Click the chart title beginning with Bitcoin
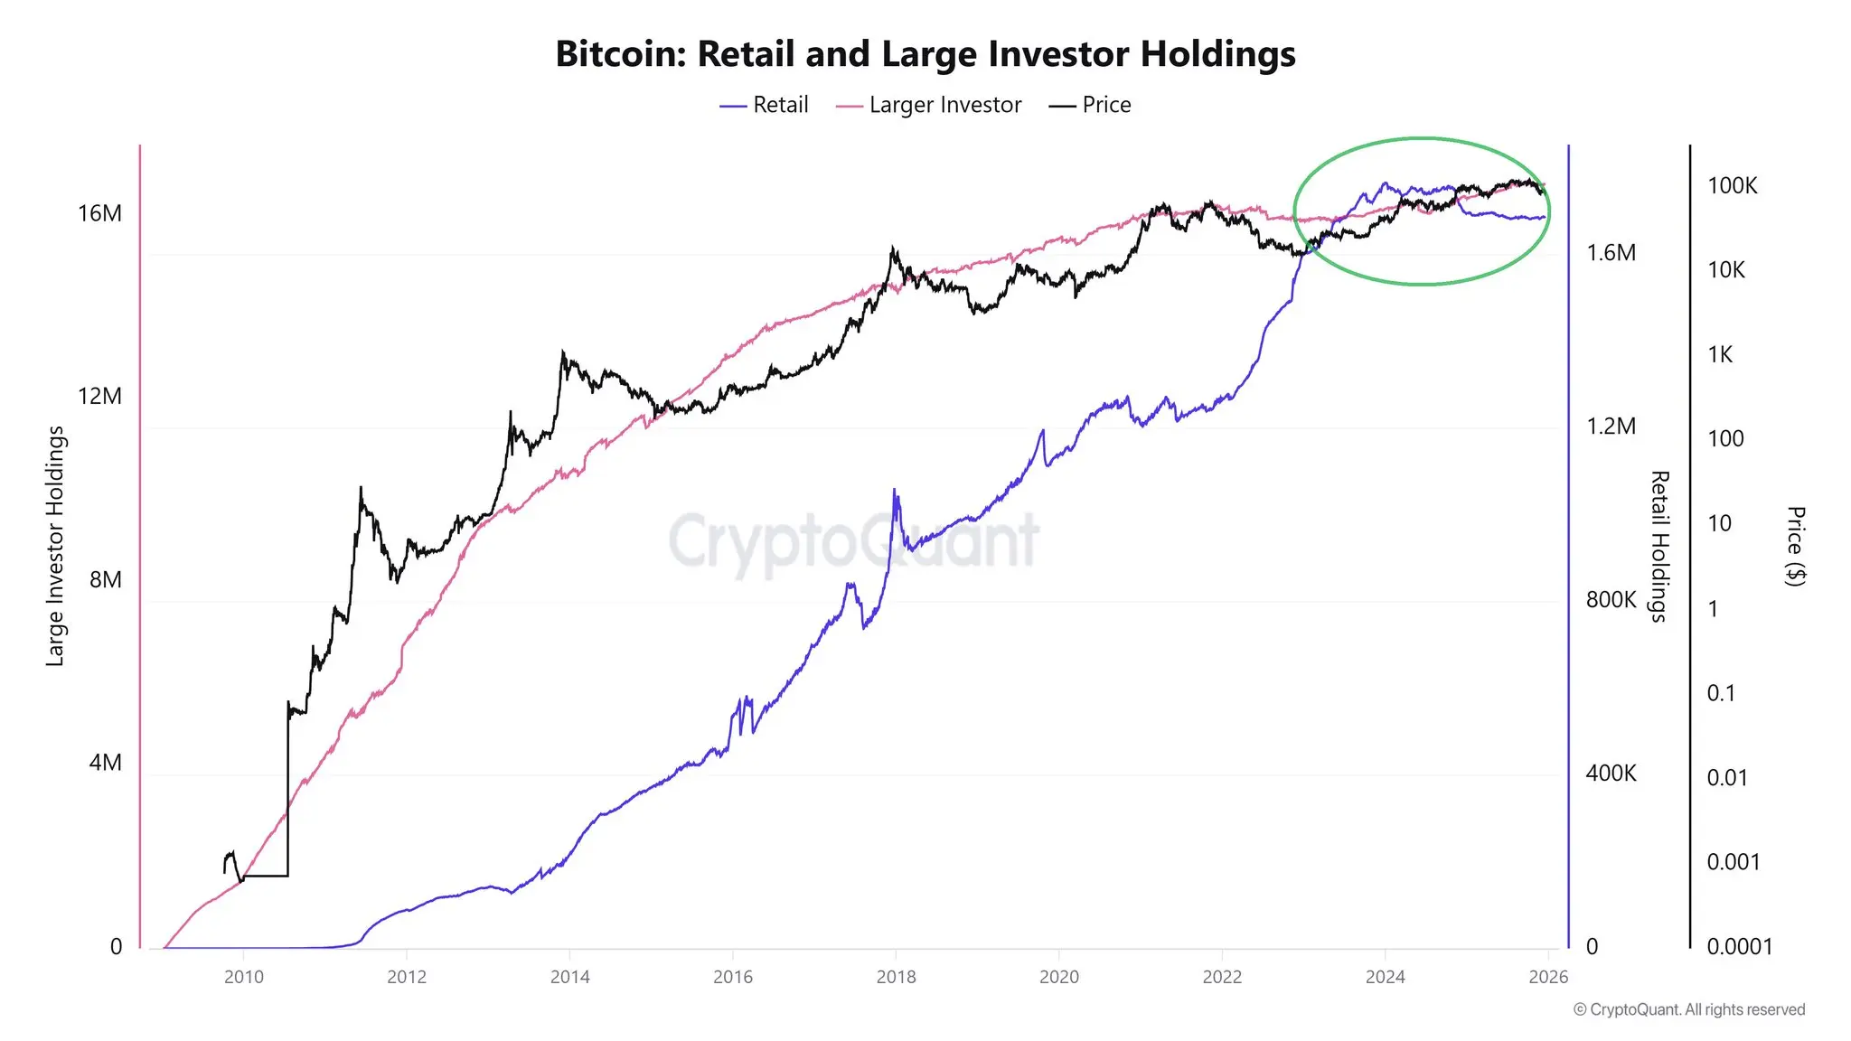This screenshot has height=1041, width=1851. coord(925,54)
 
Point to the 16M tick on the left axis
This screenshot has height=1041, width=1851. coord(99,213)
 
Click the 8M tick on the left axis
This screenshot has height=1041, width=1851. coord(105,579)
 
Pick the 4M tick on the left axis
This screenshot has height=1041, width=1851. coord(105,763)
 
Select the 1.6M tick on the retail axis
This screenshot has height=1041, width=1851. coord(1611,253)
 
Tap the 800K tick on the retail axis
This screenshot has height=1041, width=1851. coord(1611,600)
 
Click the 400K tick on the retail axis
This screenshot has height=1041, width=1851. coord(1611,774)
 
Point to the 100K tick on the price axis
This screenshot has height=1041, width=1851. coord(1732,186)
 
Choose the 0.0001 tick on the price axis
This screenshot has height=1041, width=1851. coord(1739,947)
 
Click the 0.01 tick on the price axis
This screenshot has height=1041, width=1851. coord(1726,778)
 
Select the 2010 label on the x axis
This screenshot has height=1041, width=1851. coord(243,977)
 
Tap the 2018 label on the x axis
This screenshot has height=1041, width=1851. coord(896,977)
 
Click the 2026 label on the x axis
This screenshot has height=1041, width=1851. coord(1548,977)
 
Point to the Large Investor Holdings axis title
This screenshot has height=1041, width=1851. coord(56,547)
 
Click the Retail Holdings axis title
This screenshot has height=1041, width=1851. coord(1658,547)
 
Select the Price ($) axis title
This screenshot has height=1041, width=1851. coord(1795,547)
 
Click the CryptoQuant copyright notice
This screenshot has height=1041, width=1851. coord(1688,1010)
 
